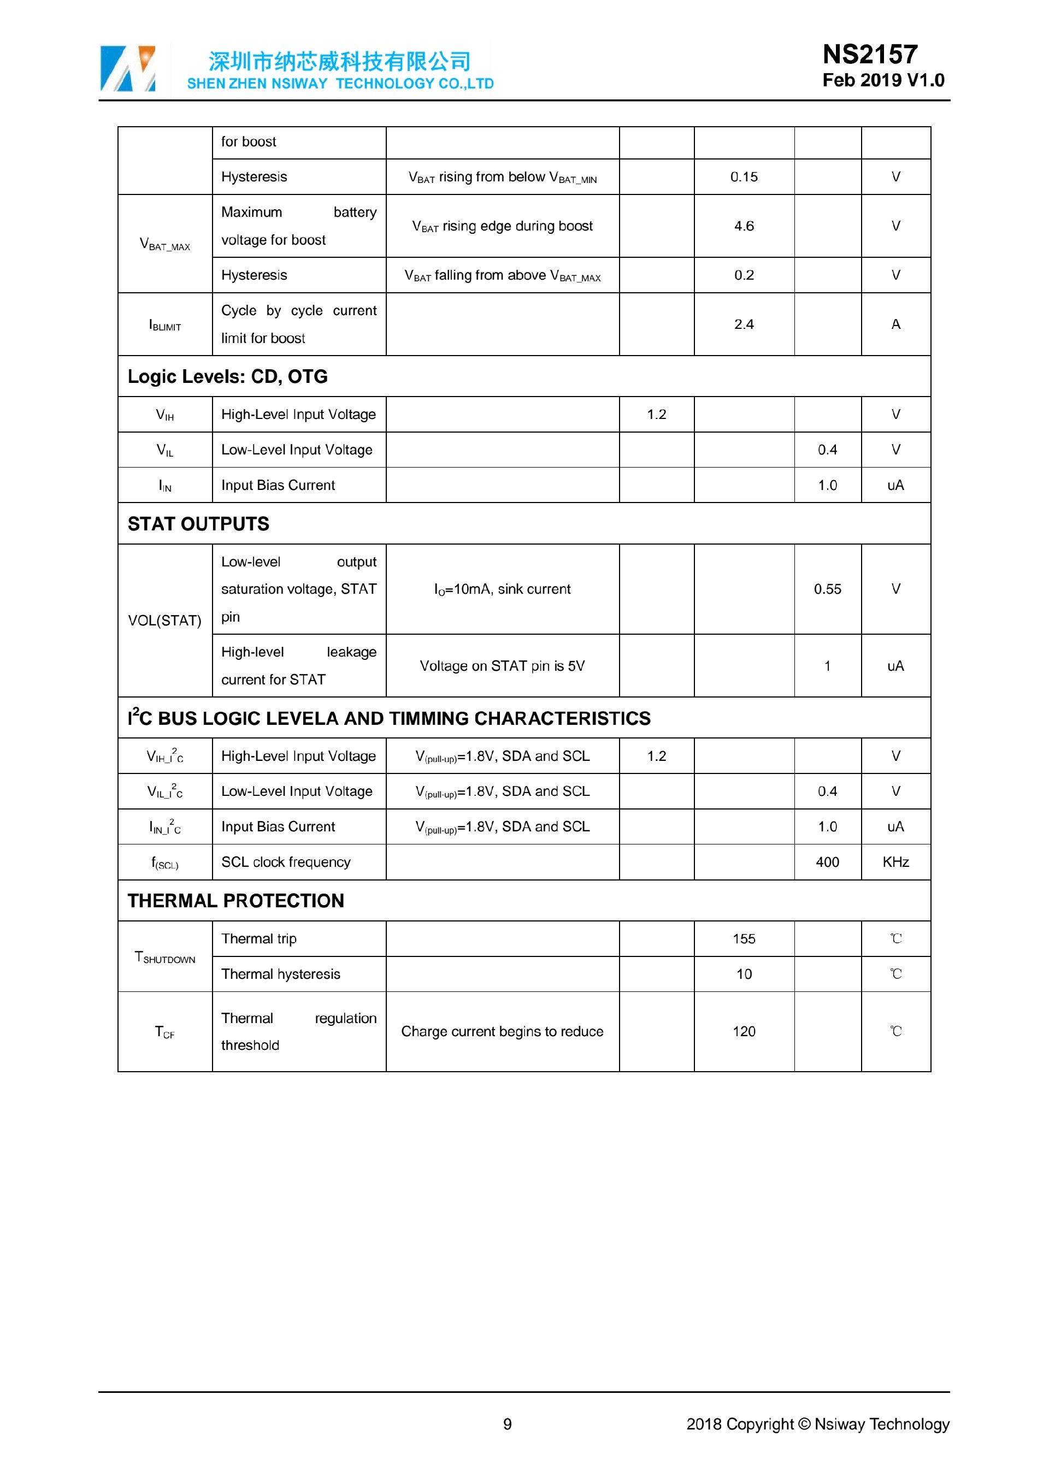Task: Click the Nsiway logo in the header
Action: coord(128,68)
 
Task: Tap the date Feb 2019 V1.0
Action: coord(883,81)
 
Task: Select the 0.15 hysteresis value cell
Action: coord(744,177)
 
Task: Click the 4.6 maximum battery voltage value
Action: coord(744,226)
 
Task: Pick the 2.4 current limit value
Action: coord(744,324)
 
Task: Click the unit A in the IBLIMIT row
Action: coord(895,324)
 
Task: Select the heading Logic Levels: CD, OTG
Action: coord(227,376)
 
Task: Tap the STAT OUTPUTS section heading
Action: coord(198,524)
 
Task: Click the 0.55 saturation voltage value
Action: coord(827,589)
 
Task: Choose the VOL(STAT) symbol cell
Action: coord(164,621)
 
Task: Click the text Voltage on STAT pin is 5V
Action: coord(502,666)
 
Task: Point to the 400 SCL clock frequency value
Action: coord(827,862)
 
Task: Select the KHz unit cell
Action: coord(895,862)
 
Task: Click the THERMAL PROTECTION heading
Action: coord(236,901)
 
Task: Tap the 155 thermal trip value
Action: coord(744,939)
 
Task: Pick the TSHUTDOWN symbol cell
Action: coord(164,957)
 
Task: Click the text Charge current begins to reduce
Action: coord(502,1031)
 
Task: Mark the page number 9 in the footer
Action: coord(507,1424)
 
